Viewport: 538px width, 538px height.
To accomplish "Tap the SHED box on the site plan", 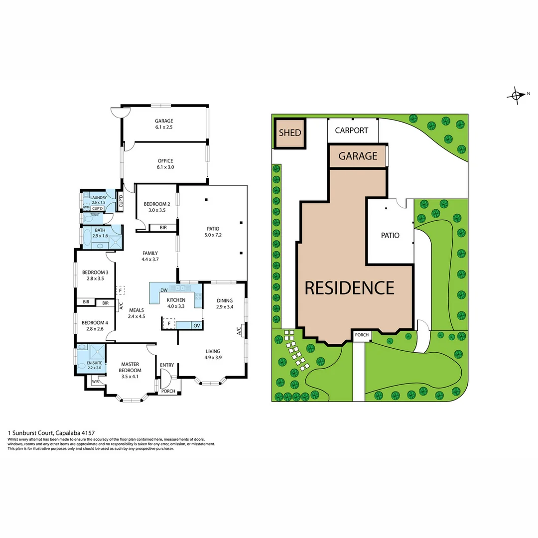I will pos(289,133).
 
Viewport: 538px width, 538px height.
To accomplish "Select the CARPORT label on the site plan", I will pos(351,131).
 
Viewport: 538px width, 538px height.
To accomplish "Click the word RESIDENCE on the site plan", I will pos(349,288).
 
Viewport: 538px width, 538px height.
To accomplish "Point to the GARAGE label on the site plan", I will pos(358,156).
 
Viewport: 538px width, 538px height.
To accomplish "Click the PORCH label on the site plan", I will pos(362,335).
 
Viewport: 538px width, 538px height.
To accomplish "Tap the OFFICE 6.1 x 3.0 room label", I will pos(165,164).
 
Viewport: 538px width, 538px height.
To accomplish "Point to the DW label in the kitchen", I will pos(164,290).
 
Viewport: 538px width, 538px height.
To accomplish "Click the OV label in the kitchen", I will pos(196,325).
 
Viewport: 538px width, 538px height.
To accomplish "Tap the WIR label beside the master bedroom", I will pos(95,382).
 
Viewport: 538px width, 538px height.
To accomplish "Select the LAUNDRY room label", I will pos(98,200).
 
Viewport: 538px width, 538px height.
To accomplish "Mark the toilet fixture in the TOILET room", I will pos(89,219).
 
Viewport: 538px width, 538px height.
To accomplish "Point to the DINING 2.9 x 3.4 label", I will pos(224,304).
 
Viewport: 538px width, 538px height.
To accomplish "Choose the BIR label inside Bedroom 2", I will pos(163,228).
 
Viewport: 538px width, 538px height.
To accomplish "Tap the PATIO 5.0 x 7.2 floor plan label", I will pos(213,232).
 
